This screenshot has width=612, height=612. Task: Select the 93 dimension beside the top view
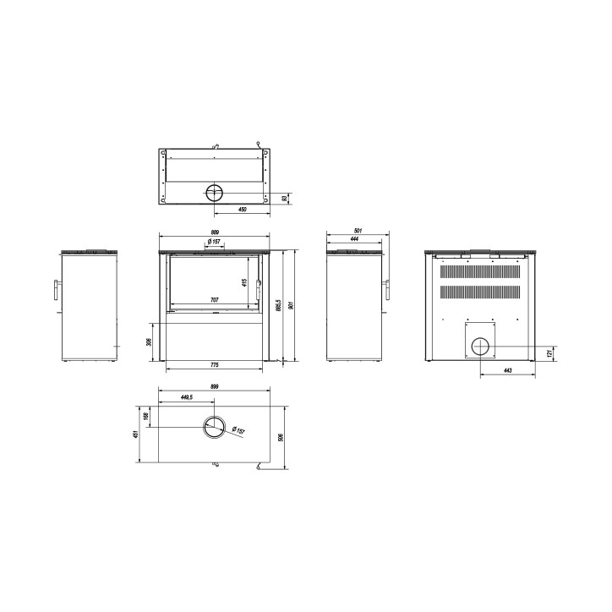click(x=284, y=199)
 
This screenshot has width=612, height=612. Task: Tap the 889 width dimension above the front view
click(x=215, y=232)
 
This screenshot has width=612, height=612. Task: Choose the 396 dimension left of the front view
click(x=149, y=342)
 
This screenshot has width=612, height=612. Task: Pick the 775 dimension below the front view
click(x=215, y=364)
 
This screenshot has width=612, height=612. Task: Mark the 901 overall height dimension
click(x=292, y=306)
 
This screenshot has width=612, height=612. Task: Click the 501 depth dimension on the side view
click(x=358, y=231)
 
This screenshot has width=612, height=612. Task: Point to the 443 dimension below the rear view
click(x=507, y=371)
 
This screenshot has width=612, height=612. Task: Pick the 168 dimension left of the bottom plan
click(x=146, y=416)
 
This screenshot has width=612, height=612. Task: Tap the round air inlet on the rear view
click(x=479, y=346)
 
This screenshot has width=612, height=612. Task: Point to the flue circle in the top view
click(x=215, y=192)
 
